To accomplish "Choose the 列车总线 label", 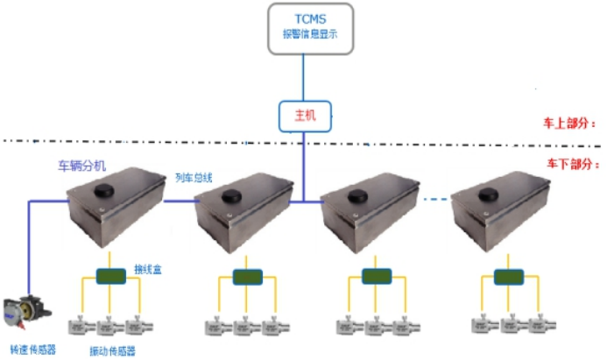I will [194, 177].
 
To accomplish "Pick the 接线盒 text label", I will [146, 267].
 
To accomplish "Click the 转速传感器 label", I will [33, 348].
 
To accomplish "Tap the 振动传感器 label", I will [112, 350].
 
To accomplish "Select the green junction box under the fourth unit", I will [505, 278].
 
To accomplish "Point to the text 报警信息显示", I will [303, 37].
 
